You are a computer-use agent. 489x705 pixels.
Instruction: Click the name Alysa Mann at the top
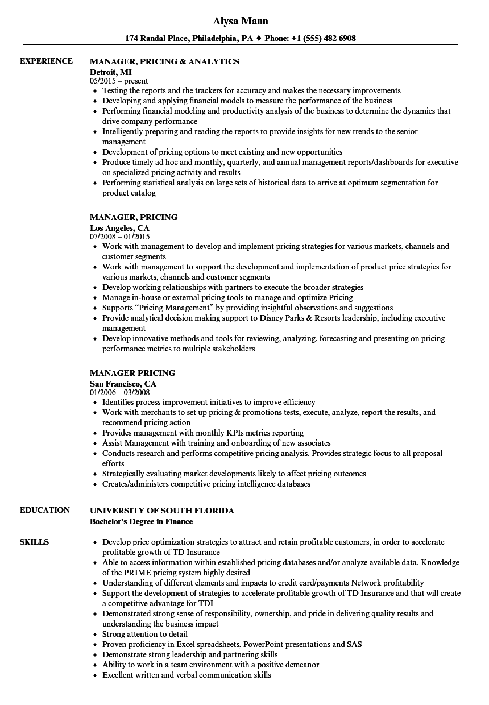(241, 21)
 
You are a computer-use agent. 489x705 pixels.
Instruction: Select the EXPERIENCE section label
(46, 61)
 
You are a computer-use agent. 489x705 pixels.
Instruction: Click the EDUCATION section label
(45, 510)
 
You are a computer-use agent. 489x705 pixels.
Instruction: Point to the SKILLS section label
(34, 542)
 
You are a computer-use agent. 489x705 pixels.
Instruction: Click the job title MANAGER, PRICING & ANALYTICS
(164, 61)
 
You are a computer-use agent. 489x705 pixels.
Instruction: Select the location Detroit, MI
(110, 72)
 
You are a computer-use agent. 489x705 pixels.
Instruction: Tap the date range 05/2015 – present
(119, 81)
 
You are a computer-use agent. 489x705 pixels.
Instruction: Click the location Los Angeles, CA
(119, 227)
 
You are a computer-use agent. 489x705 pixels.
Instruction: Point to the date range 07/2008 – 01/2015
(120, 237)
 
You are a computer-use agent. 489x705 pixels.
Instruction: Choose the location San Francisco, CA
(123, 384)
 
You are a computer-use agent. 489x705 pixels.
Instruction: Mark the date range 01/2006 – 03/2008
(120, 393)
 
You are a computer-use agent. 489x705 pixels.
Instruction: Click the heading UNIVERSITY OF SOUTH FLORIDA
(161, 511)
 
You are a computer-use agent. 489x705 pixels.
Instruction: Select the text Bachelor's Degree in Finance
(141, 521)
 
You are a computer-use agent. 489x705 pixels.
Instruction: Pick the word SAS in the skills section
(354, 644)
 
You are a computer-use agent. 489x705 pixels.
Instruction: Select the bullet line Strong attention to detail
(145, 634)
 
